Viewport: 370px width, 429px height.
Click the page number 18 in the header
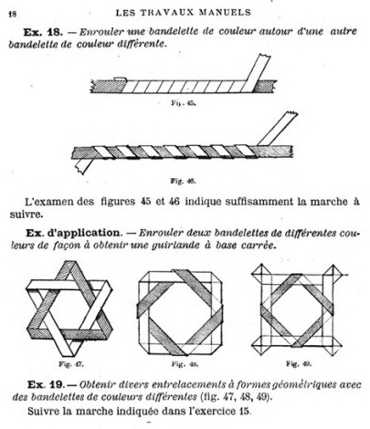coord(13,15)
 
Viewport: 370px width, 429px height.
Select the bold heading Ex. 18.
coord(43,32)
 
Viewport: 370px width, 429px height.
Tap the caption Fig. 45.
coord(184,103)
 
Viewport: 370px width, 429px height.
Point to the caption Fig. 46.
coord(183,182)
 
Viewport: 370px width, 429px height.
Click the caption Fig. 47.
coord(71,364)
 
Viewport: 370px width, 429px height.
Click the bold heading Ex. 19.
coord(46,384)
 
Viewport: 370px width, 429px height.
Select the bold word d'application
coord(83,233)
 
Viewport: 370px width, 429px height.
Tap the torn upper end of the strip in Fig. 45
coord(264,56)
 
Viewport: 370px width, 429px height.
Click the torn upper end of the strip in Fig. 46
coord(291,113)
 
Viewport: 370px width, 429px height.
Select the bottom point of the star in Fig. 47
coord(70,355)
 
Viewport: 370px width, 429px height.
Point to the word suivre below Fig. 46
coord(26,214)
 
